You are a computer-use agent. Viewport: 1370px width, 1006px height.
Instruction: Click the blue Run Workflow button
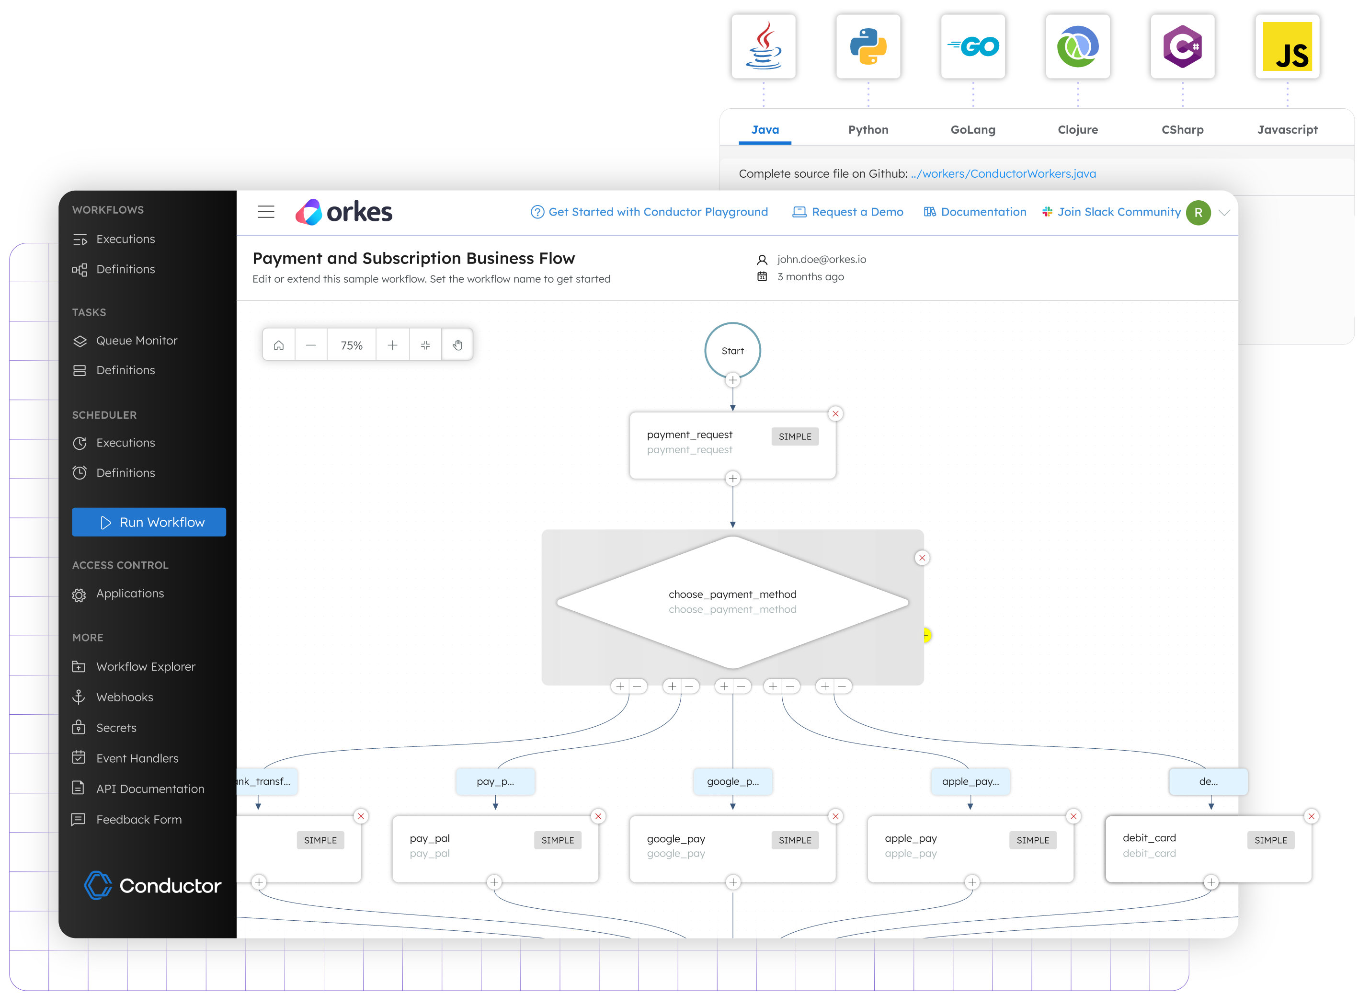coord(148,522)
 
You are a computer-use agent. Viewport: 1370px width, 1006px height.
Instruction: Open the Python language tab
coord(868,130)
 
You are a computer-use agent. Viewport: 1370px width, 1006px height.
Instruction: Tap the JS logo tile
coord(1287,47)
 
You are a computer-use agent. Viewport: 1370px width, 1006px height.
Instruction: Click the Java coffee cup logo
coord(763,47)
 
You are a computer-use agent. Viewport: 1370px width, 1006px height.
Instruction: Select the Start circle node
coord(732,351)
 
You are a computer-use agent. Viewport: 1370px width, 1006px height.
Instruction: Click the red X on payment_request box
coord(835,414)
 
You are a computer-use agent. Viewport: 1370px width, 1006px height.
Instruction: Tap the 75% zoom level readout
coord(351,345)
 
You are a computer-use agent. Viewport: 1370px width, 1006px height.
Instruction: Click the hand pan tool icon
coord(457,345)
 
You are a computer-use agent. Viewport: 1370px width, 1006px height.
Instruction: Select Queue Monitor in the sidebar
coord(137,341)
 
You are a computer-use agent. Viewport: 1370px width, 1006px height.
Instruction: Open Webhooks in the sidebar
coord(124,697)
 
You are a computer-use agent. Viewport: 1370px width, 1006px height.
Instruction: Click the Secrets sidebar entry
coord(116,728)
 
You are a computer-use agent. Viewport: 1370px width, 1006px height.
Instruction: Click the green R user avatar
coord(1198,213)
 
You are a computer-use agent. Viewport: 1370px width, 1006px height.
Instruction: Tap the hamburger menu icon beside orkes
coord(266,212)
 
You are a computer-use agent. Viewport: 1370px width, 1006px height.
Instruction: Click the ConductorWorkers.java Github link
coord(1003,173)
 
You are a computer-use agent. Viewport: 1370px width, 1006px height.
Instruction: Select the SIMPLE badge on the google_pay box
coord(795,840)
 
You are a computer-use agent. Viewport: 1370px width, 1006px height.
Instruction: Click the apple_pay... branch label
coord(970,781)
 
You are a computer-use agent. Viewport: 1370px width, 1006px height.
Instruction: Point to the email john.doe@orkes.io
coord(821,260)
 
